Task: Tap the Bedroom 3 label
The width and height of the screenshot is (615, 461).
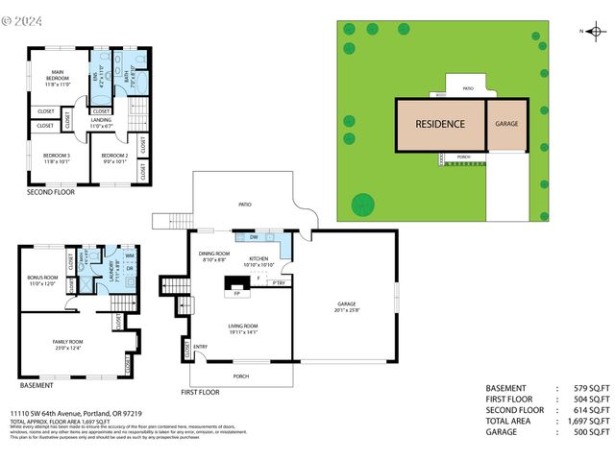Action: (56, 158)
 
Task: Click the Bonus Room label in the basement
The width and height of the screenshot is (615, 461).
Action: (42, 280)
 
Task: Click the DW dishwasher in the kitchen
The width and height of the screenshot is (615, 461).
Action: (253, 236)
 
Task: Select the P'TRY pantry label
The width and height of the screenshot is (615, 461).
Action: (279, 283)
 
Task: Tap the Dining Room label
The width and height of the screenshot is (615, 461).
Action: (213, 256)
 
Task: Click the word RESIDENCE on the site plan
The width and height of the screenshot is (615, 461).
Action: (440, 124)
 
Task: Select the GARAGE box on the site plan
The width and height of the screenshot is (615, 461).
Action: (507, 125)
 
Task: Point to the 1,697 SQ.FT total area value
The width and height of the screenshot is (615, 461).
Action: (586, 421)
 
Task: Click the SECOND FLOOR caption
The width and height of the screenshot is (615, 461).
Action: (51, 192)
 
